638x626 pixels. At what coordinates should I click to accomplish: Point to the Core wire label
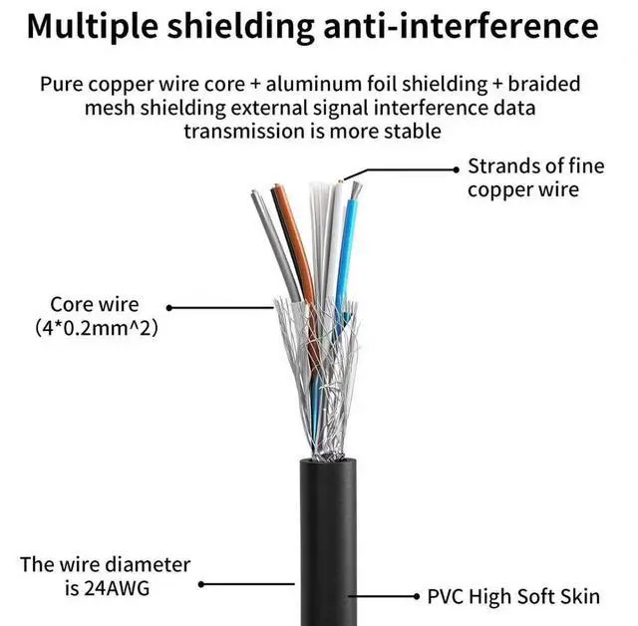pos(95,304)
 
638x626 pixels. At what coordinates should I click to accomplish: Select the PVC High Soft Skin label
pos(513,596)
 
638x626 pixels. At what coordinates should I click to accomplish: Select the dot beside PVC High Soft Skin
pos(416,596)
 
